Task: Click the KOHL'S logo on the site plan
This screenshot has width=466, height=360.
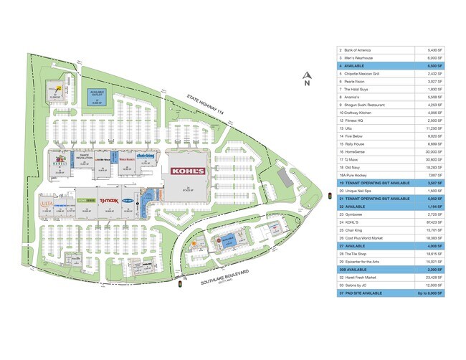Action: (186, 171)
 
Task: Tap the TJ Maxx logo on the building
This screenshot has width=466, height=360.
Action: (108, 201)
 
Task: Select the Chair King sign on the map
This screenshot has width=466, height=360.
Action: (146, 154)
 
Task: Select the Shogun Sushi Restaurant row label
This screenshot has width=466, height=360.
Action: (373, 105)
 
